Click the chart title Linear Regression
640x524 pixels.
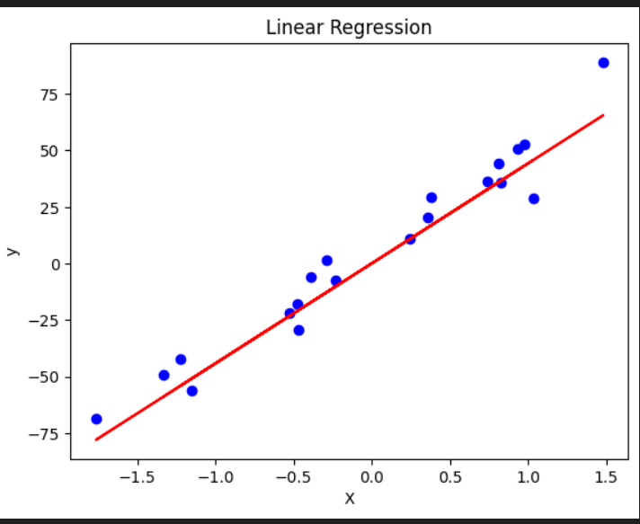349,28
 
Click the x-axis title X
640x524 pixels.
350,498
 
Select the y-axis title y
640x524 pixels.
13,251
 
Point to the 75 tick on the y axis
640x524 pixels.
50,94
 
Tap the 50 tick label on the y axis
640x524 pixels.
50,151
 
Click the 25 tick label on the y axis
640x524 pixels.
50,208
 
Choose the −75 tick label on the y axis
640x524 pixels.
46,434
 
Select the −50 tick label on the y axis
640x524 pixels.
46,377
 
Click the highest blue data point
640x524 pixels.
603,63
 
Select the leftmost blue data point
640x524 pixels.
96,419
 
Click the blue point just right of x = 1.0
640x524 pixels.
534,199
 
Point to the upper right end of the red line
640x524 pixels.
603,115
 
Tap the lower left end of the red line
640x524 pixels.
96,440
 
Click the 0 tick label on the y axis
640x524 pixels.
55,264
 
